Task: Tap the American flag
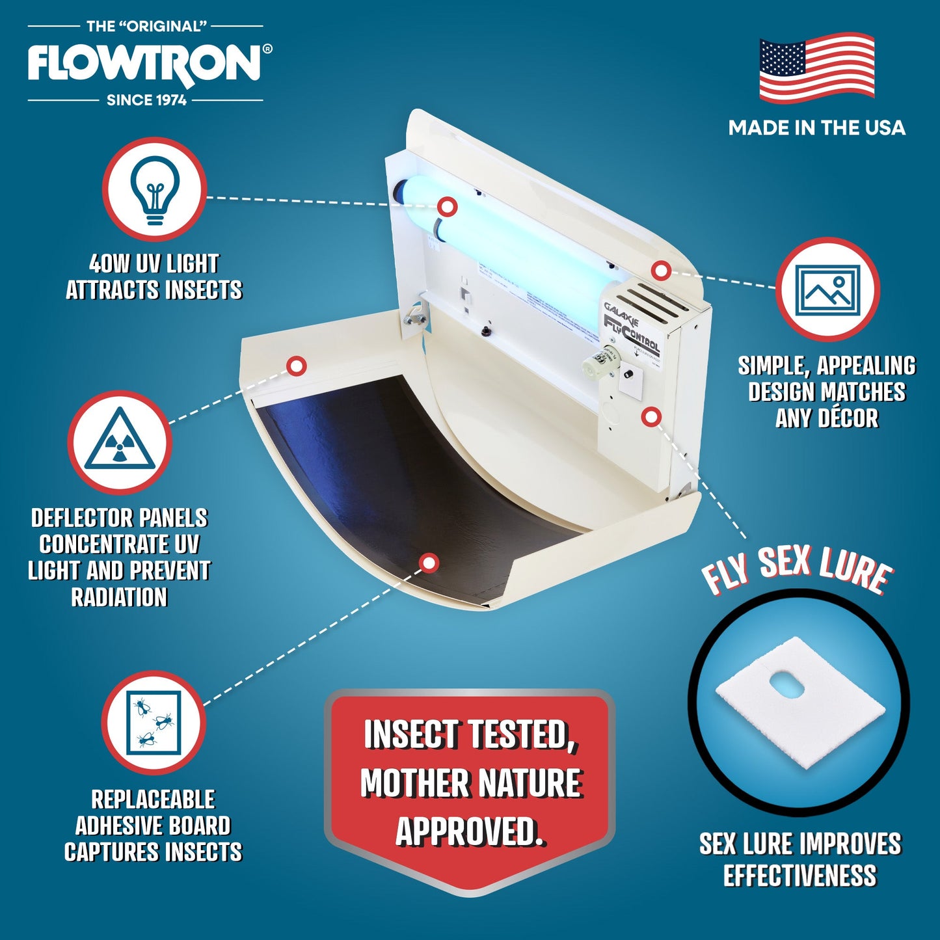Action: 816,68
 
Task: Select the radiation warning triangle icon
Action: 120,442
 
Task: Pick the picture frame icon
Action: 827,289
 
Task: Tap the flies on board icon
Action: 154,722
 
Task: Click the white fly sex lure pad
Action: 799,700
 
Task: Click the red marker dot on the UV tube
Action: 447,207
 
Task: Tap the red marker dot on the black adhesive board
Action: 428,563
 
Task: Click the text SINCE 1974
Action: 146,100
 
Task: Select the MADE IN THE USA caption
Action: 816,128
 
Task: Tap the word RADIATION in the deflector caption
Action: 119,597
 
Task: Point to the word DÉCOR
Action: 826,418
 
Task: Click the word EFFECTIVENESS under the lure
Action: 799,876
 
